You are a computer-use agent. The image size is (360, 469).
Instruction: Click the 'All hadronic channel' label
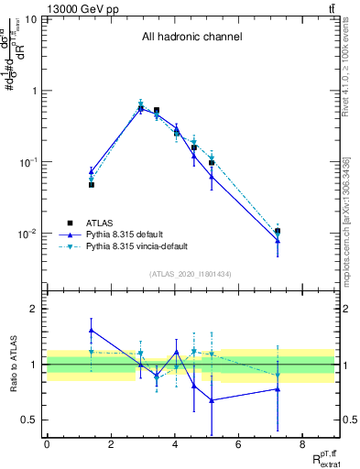pos(191,38)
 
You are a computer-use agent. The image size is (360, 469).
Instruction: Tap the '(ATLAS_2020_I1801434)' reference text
pos(191,274)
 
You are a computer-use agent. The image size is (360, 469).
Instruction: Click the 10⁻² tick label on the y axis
pos(28,234)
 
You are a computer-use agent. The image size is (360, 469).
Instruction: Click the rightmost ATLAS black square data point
pos(278,232)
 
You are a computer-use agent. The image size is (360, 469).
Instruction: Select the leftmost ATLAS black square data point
pos(92,185)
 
